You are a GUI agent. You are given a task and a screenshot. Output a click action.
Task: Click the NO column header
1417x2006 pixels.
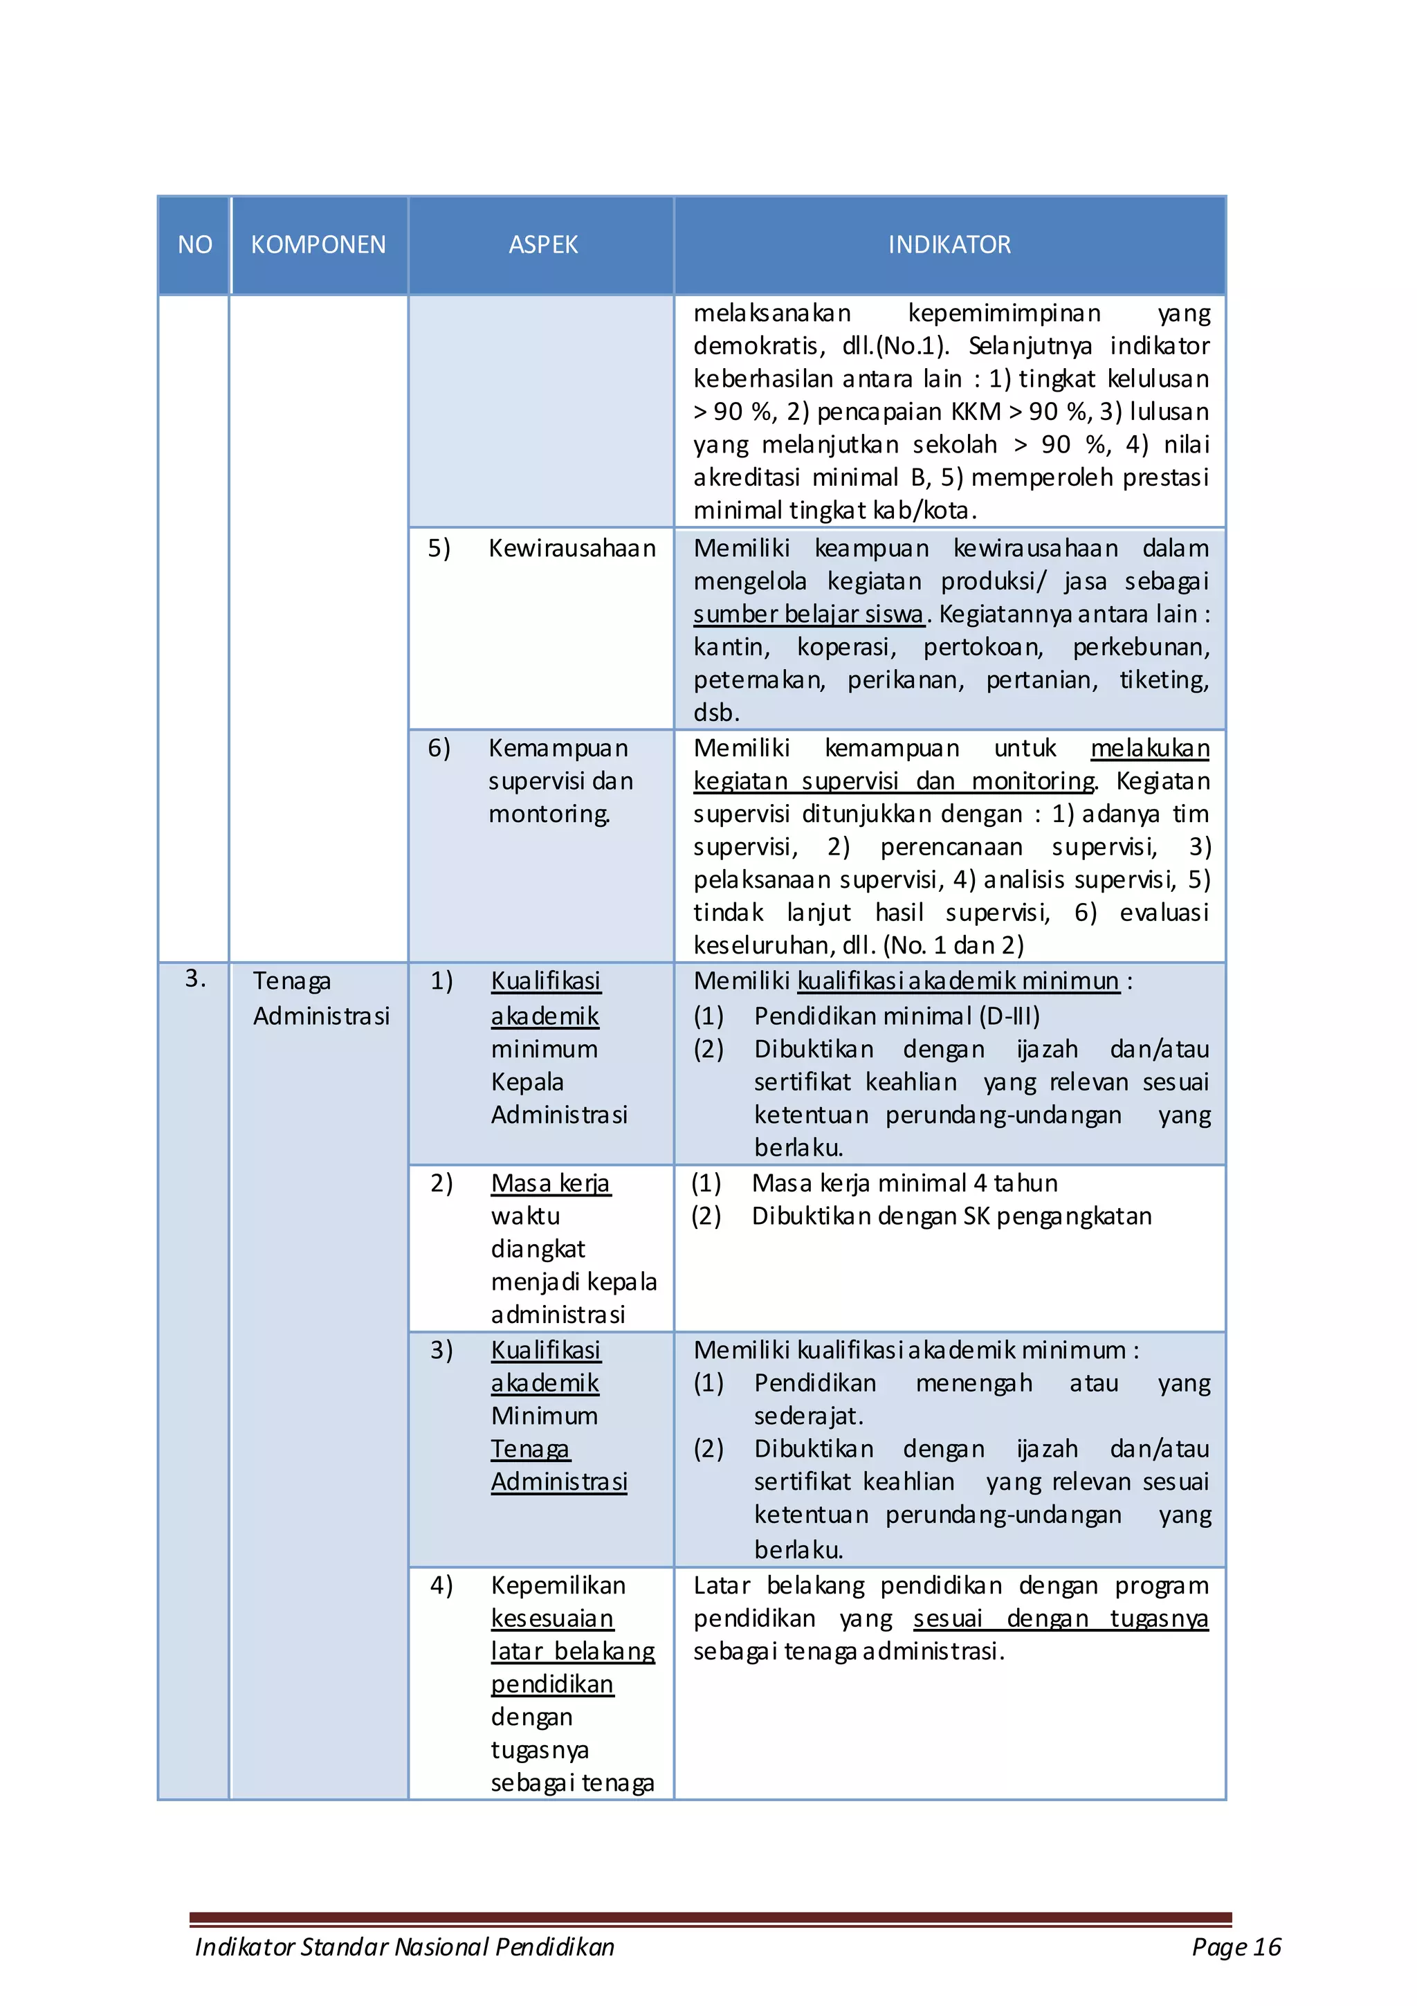pos(195,245)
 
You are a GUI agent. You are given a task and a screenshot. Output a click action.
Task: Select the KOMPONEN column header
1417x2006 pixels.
pos(318,245)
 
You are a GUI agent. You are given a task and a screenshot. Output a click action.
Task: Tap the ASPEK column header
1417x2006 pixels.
pos(542,245)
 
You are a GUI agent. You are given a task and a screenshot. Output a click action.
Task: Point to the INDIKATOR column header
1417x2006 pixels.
pos(949,245)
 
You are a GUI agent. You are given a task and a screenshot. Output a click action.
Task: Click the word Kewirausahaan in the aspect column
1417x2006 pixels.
pos(572,549)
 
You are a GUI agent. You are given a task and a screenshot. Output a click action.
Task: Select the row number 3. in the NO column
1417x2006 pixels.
pos(196,978)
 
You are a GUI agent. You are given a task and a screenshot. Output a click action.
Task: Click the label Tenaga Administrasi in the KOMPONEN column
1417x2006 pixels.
pos(320,998)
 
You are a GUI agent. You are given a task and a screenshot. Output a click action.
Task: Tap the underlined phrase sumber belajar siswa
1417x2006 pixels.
pos(808,614)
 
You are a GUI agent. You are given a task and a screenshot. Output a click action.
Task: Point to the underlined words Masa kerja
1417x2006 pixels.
pos(550,1183)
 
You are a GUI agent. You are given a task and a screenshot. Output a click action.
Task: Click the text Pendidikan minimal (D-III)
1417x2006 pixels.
pos(896,1016)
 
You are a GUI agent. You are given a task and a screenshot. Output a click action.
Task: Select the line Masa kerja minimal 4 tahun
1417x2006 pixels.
pos(904,1183)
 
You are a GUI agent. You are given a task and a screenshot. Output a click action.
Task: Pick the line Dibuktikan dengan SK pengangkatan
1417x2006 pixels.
pos(951,1216)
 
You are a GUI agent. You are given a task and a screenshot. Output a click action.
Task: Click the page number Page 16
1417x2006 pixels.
pos(1235,1946)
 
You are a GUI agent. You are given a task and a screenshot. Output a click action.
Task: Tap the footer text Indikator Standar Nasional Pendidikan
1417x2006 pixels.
pos(405,1946)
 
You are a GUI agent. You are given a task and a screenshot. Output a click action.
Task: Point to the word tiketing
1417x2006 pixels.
pos(1164,680)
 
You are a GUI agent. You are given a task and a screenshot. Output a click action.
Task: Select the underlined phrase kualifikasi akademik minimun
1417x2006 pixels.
pos(958,981)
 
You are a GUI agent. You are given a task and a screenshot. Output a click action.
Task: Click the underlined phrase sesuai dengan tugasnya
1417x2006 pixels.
pos(1060,1619)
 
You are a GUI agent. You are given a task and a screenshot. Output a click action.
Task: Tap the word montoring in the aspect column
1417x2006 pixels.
pos(549,814)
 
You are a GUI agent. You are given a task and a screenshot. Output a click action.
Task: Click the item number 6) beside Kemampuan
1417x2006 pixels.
pos(439,748)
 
